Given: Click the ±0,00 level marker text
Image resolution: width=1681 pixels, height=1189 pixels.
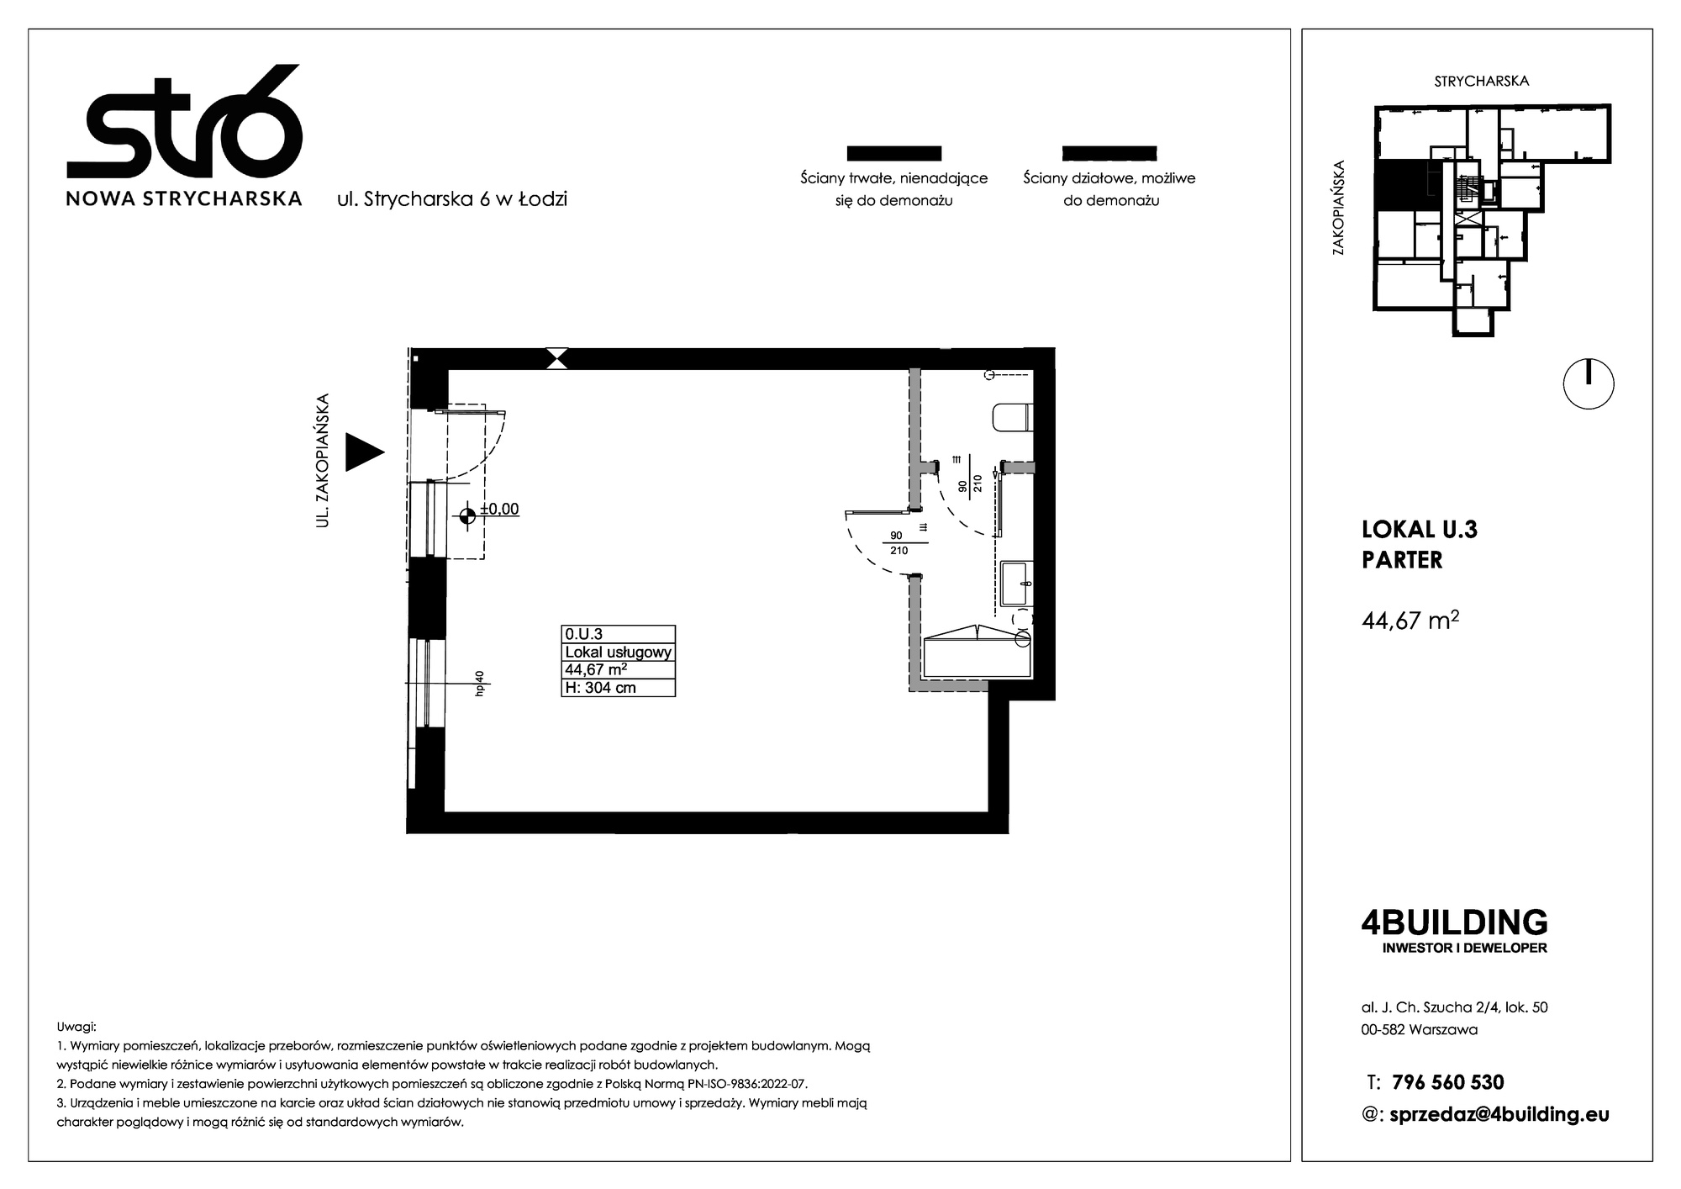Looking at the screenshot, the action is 499,509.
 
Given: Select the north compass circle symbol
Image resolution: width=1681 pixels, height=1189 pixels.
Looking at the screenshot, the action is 1589,384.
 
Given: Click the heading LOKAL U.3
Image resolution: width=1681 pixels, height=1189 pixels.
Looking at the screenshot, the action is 1420,530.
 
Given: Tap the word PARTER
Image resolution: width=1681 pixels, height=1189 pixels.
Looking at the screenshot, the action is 1402,560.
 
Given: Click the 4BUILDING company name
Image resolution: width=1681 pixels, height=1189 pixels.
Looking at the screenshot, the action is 1454,922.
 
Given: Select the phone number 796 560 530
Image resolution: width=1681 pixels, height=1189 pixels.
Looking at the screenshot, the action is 1448,1082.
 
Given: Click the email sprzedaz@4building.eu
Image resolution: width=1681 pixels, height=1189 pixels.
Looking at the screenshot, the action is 1500,1115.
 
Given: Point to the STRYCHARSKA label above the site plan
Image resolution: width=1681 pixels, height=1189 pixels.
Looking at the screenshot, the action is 1481,82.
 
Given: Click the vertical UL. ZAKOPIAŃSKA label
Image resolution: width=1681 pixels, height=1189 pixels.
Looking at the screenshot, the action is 321,461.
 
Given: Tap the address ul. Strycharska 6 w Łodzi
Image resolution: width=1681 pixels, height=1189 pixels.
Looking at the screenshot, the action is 452,199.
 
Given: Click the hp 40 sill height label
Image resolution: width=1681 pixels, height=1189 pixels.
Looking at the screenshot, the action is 480,683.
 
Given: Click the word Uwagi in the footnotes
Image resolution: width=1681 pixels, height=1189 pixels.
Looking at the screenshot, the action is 76,1028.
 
